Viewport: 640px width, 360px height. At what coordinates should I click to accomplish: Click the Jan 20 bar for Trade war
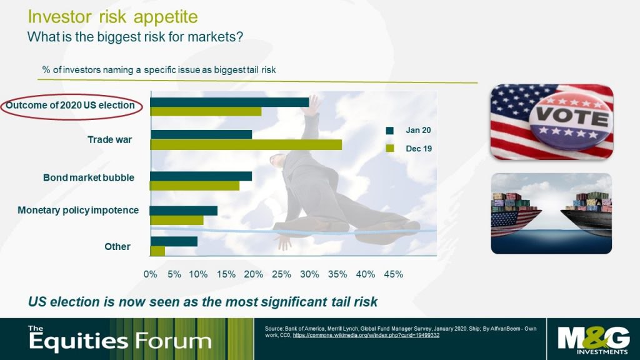click(x=201, y=134)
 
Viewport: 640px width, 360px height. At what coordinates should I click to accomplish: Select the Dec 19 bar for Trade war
click(x=246, y=144)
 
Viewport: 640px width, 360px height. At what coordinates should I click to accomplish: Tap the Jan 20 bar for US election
click(x=229, y=102)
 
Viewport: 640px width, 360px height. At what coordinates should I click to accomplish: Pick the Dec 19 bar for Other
click(x=157, y=251)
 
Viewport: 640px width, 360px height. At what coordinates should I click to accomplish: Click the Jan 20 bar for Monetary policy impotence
click(x=184, y=211)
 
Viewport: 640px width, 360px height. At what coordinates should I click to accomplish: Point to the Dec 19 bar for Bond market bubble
click(x=195, y=186)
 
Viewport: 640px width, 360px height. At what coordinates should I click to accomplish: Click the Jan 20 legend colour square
click(x=390, y=131)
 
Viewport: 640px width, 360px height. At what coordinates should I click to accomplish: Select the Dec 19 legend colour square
click(x=390, y=149)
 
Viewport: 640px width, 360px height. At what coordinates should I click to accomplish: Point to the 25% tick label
click(x=282, y=274)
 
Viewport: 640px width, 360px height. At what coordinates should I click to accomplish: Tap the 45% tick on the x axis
click(x=394, y=274)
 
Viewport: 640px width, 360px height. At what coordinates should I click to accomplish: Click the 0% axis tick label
click(x=150, y=274)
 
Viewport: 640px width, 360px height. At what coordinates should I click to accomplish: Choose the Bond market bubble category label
click(x=89, y=177)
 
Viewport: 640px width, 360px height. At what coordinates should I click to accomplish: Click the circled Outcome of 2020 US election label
click(x=70, y=105)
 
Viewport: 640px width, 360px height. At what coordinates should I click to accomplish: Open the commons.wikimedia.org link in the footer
click(x=366, y=335)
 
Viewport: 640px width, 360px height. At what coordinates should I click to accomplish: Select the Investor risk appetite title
click(x=112, y=17)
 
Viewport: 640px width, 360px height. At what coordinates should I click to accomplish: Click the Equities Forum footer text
click(x=120, y=339)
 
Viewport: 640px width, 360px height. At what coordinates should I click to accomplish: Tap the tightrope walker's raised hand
click(x=313, y=105)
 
